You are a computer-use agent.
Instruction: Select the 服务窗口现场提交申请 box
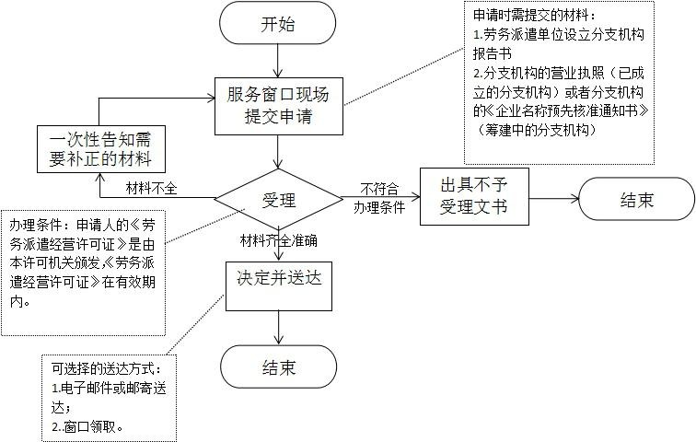(x=278, y=105)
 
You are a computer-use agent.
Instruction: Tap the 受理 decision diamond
(x=277, y=198)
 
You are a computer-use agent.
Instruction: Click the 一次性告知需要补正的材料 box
(x=102, y=149)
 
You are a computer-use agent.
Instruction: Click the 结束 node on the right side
(x=635, y=198)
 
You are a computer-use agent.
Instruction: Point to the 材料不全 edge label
(x=152, y=190)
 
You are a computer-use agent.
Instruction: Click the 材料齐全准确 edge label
(x=278, y=240)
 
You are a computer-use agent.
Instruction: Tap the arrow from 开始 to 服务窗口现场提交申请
(x=278, y=61)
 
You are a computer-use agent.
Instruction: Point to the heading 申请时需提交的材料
(x=535, y=16)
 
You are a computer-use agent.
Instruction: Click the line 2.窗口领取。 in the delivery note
(x=88, y=427)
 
